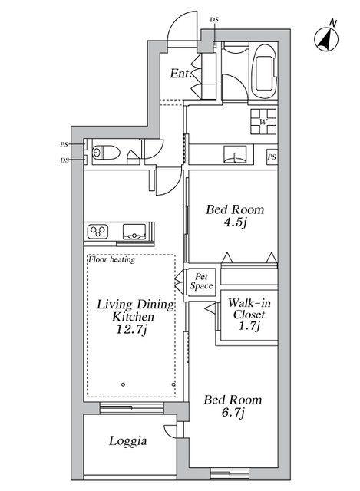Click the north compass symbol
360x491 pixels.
[x=326, y=39]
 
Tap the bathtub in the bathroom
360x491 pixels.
[x=265, y=71]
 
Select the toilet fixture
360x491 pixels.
[x=106, y=153]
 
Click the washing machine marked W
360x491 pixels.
[x=263, y=122]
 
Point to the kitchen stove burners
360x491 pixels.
[x=98, y=232]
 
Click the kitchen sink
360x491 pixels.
[x=134, y=232]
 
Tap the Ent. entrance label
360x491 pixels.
[x=181, y=74]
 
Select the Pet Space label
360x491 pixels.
[x=201, y=282]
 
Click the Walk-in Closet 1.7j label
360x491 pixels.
[x=249, y=315]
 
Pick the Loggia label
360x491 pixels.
[x=128, y=441]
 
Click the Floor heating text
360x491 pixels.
[x=112, y=259]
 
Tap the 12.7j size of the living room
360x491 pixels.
[x=131, y=330]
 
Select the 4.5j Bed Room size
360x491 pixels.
[x=235, y=222]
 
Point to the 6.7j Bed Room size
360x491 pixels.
[x=233, y=413]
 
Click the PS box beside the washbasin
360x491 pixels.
[x=272, y=157]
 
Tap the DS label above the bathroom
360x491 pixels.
[x=214, y=20]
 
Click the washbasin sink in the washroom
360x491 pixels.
[x=235, y=154]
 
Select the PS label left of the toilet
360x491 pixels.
[x=64, y=144]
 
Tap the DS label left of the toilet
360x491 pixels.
[x=64, y=160]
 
